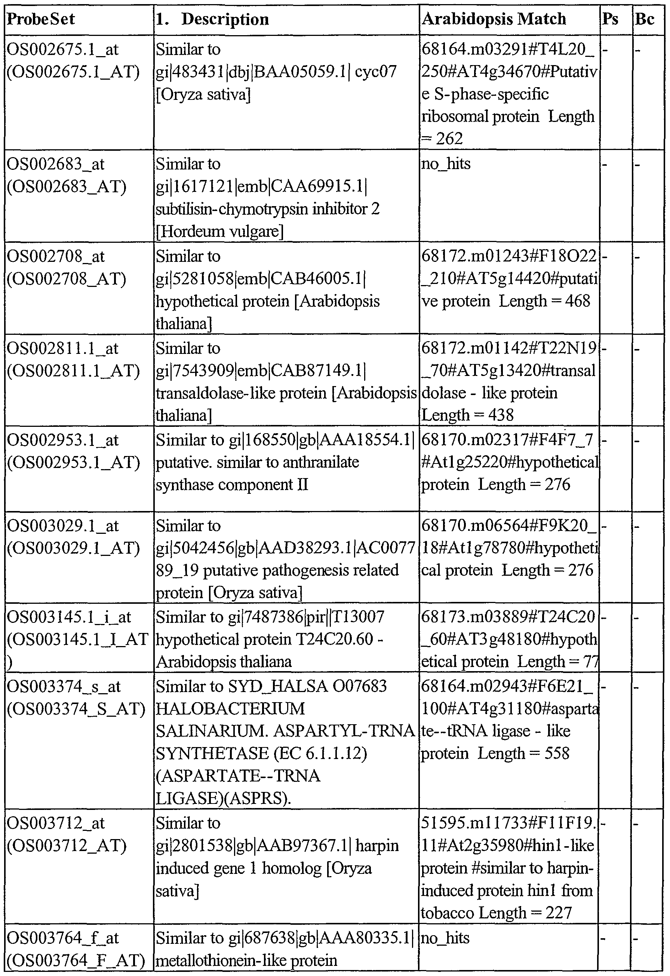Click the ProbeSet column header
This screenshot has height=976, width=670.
coord(41,19)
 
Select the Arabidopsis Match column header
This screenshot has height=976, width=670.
coord(494,19)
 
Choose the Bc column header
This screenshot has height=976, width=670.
coord(645,19)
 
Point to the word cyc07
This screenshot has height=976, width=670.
coord(376,72)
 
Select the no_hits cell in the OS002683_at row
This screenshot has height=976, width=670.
coord(445,164)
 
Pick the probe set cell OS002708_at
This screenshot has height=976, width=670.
coord(55,257)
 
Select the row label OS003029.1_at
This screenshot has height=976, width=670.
coord(62,526)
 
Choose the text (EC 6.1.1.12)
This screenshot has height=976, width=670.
coord(320,754)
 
